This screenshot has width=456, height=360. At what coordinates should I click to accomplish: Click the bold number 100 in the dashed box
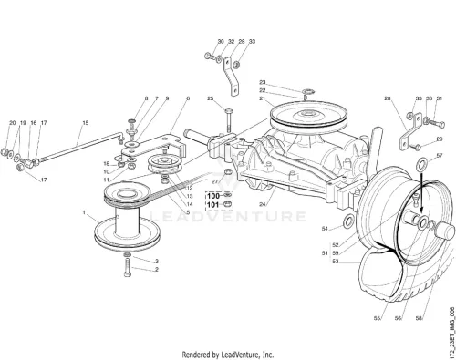(x=213, y=196)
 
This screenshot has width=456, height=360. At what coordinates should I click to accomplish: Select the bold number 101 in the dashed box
(x=212, y=205)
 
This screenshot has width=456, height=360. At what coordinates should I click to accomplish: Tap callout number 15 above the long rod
(x=86, y=123)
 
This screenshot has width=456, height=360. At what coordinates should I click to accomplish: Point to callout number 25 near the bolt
(x=211, y=98)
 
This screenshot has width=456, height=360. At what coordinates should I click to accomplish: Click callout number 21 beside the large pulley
(x=263, y=98)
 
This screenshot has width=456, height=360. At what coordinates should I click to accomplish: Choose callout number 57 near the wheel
(x=440, y=156)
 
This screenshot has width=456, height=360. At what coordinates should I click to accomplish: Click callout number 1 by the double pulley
(x=84, y=212)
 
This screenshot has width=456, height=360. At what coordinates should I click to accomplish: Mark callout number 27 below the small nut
(x=215, y=181)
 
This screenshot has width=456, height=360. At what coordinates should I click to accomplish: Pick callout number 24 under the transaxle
(x=263, y=204)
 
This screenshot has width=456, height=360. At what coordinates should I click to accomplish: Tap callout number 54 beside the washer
(x=325, y=229)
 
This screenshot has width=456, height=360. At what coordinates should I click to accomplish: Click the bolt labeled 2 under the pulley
(x=128, y=267)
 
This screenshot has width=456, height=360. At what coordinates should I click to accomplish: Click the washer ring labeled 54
(x=348, y=221)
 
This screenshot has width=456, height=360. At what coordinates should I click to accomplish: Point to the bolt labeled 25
(x=229, y=120)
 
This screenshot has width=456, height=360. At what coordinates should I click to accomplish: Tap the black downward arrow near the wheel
(x=421, y=192)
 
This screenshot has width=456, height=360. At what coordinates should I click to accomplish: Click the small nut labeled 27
(x=228, y=172)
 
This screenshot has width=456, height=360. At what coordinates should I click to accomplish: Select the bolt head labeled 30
(x=208, y=56)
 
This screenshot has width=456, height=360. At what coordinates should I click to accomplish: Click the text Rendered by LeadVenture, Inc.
(x=228, y=355)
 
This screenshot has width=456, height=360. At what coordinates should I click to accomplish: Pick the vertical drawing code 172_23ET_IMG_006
(x=451, y=332)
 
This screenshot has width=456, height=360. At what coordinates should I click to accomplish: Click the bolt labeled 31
(x=436, y=124)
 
